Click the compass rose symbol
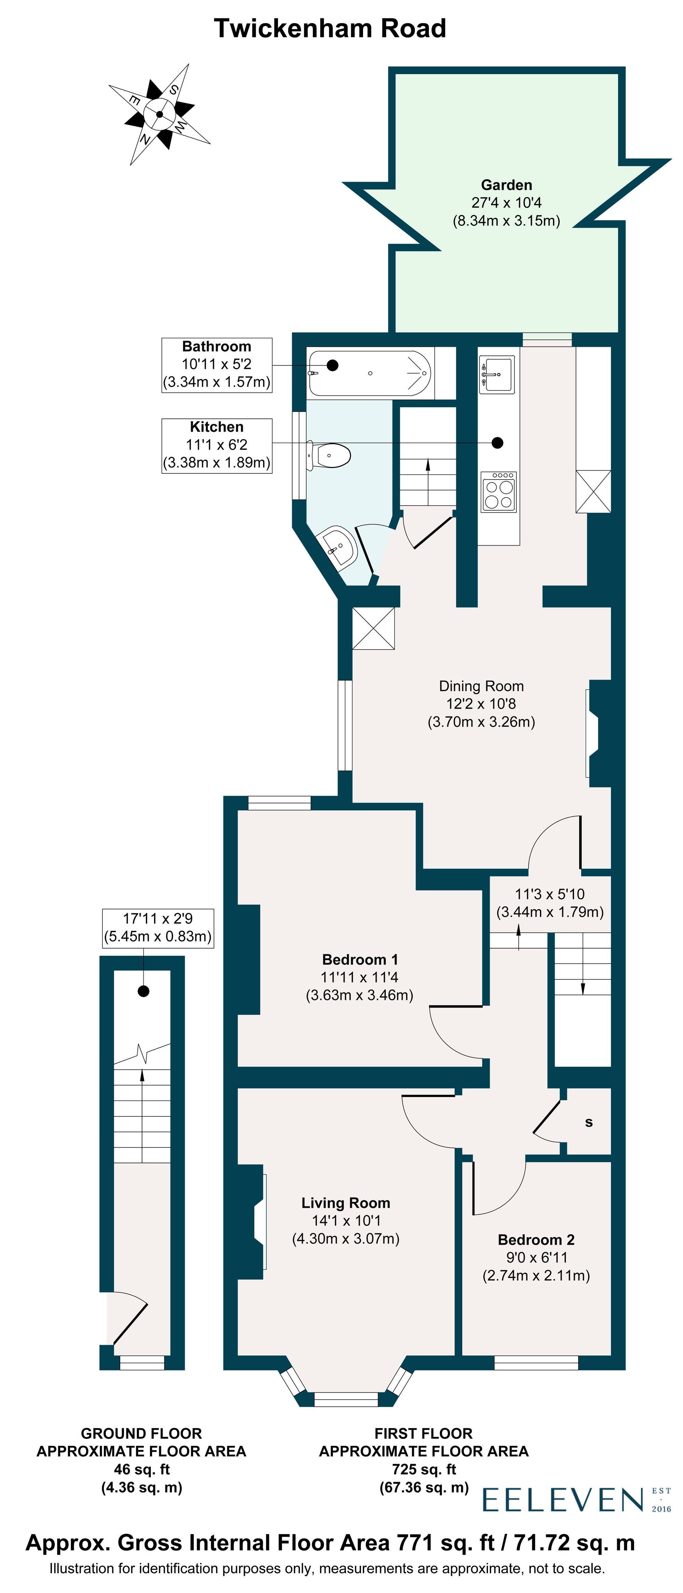[x=159, y=114]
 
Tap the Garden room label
[x=506, y=185]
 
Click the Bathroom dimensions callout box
[x=217, y=364]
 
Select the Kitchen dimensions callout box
[x=217, y=445]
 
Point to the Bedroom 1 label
[x=360, y=959]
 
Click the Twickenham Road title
[x=330, y=28]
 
